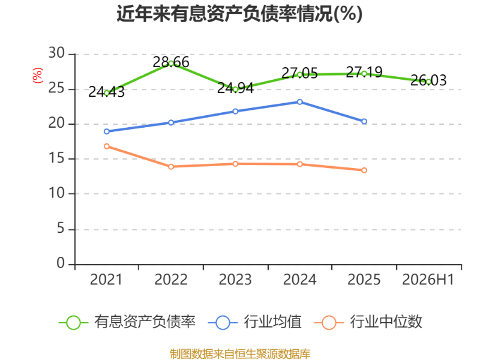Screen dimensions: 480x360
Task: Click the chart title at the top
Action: click(239, 14)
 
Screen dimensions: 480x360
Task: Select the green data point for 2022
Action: click(171, 64)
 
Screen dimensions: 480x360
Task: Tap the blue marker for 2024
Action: click(299, 102)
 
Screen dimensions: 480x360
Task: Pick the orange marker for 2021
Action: click(107, 146)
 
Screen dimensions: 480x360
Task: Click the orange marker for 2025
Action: click(364, 170)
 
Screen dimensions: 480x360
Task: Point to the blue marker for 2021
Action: click(107, 131)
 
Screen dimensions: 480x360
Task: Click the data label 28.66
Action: click(171, 62)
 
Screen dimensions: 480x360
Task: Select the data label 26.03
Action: click(428, 80)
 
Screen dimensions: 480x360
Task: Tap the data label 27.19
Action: click(364, 72)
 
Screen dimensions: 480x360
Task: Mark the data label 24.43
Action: click(107, 92)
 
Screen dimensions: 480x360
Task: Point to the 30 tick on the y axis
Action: click(56, 53)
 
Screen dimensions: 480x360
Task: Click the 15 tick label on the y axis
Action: click(56, 158)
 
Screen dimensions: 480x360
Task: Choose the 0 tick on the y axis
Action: click(61, 263)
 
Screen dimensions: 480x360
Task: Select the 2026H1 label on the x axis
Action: click(428, 280)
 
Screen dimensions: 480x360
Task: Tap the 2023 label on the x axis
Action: click(235, 280)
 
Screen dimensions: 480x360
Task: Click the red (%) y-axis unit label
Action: click(38, 76)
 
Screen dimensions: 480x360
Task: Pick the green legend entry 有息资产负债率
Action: click(127, 322)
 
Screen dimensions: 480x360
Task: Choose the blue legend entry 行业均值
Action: click(254, 322)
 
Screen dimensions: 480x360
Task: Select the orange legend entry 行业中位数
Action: click(368, 322)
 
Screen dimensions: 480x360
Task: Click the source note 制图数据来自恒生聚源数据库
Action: click(240, 354)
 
